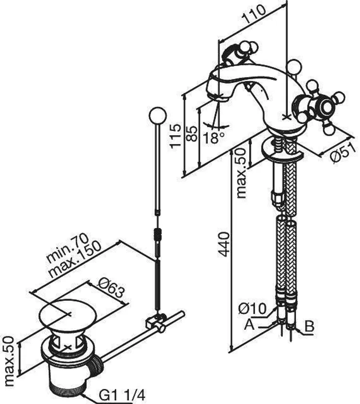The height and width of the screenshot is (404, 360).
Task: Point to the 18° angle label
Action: [x=213, y=138]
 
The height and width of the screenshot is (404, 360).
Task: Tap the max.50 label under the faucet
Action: [x=241, y=173]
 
